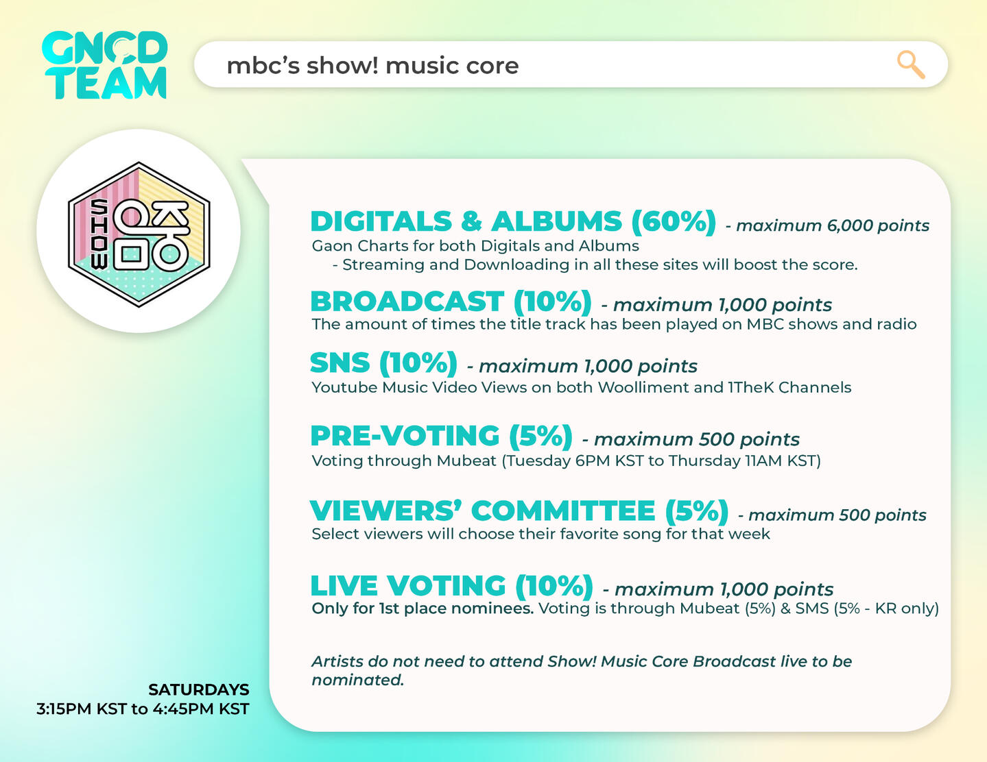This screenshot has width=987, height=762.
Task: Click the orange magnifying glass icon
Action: [911, 65]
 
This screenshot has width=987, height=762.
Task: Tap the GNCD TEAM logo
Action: [104, 65]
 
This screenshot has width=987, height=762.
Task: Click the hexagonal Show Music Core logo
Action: [139, 234]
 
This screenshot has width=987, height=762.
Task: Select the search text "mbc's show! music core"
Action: [372, 66]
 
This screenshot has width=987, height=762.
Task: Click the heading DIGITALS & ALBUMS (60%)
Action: [513, 222]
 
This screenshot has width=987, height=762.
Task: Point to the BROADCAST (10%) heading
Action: [451, 302]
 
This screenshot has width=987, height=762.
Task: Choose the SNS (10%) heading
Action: [384, 363]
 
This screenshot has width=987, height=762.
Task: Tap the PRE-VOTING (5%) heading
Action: [442, 437]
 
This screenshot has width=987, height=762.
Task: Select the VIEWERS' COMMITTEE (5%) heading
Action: [519, 512]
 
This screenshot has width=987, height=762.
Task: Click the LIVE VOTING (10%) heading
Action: [452, 586]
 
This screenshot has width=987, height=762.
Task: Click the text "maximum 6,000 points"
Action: [833, 226]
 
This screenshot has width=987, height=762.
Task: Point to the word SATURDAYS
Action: [198, 690]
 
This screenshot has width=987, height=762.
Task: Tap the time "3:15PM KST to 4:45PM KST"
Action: [143, 709]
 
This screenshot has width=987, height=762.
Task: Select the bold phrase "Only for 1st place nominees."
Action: [423, 609]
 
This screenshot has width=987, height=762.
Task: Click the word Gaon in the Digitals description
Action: [333, 246]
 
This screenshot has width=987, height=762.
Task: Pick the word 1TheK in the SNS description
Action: [751, 387]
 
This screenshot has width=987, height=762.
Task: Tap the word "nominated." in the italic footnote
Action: [357, 680]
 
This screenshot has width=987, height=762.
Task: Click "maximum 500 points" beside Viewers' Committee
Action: [837, 515]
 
